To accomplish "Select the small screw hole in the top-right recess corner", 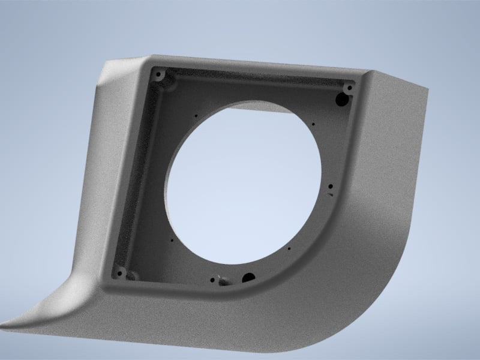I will tap(349, 88).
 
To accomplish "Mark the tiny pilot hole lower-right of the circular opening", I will tap(289, 249).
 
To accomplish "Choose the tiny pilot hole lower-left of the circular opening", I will tap(172, 241).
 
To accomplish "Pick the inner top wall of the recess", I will tap(252, 78).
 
